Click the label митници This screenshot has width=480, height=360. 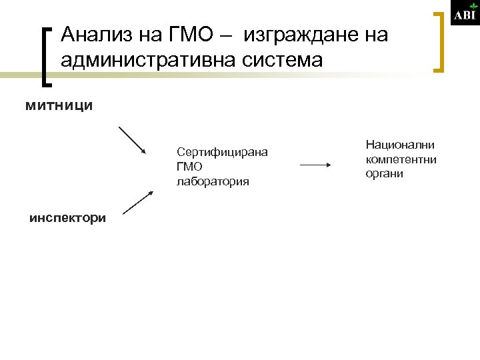[x=59, y=105]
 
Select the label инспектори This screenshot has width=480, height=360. [x=67, y=218]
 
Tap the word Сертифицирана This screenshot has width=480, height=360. [x=223, y=152]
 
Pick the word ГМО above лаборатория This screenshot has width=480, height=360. [x=190, y=167]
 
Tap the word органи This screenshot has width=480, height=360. [x=385, y=173]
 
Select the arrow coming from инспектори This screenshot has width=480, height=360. [x=138, y=203]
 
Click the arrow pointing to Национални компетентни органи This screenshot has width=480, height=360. [x=316, y=165]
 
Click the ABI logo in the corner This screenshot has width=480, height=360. [x=465, y=15]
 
